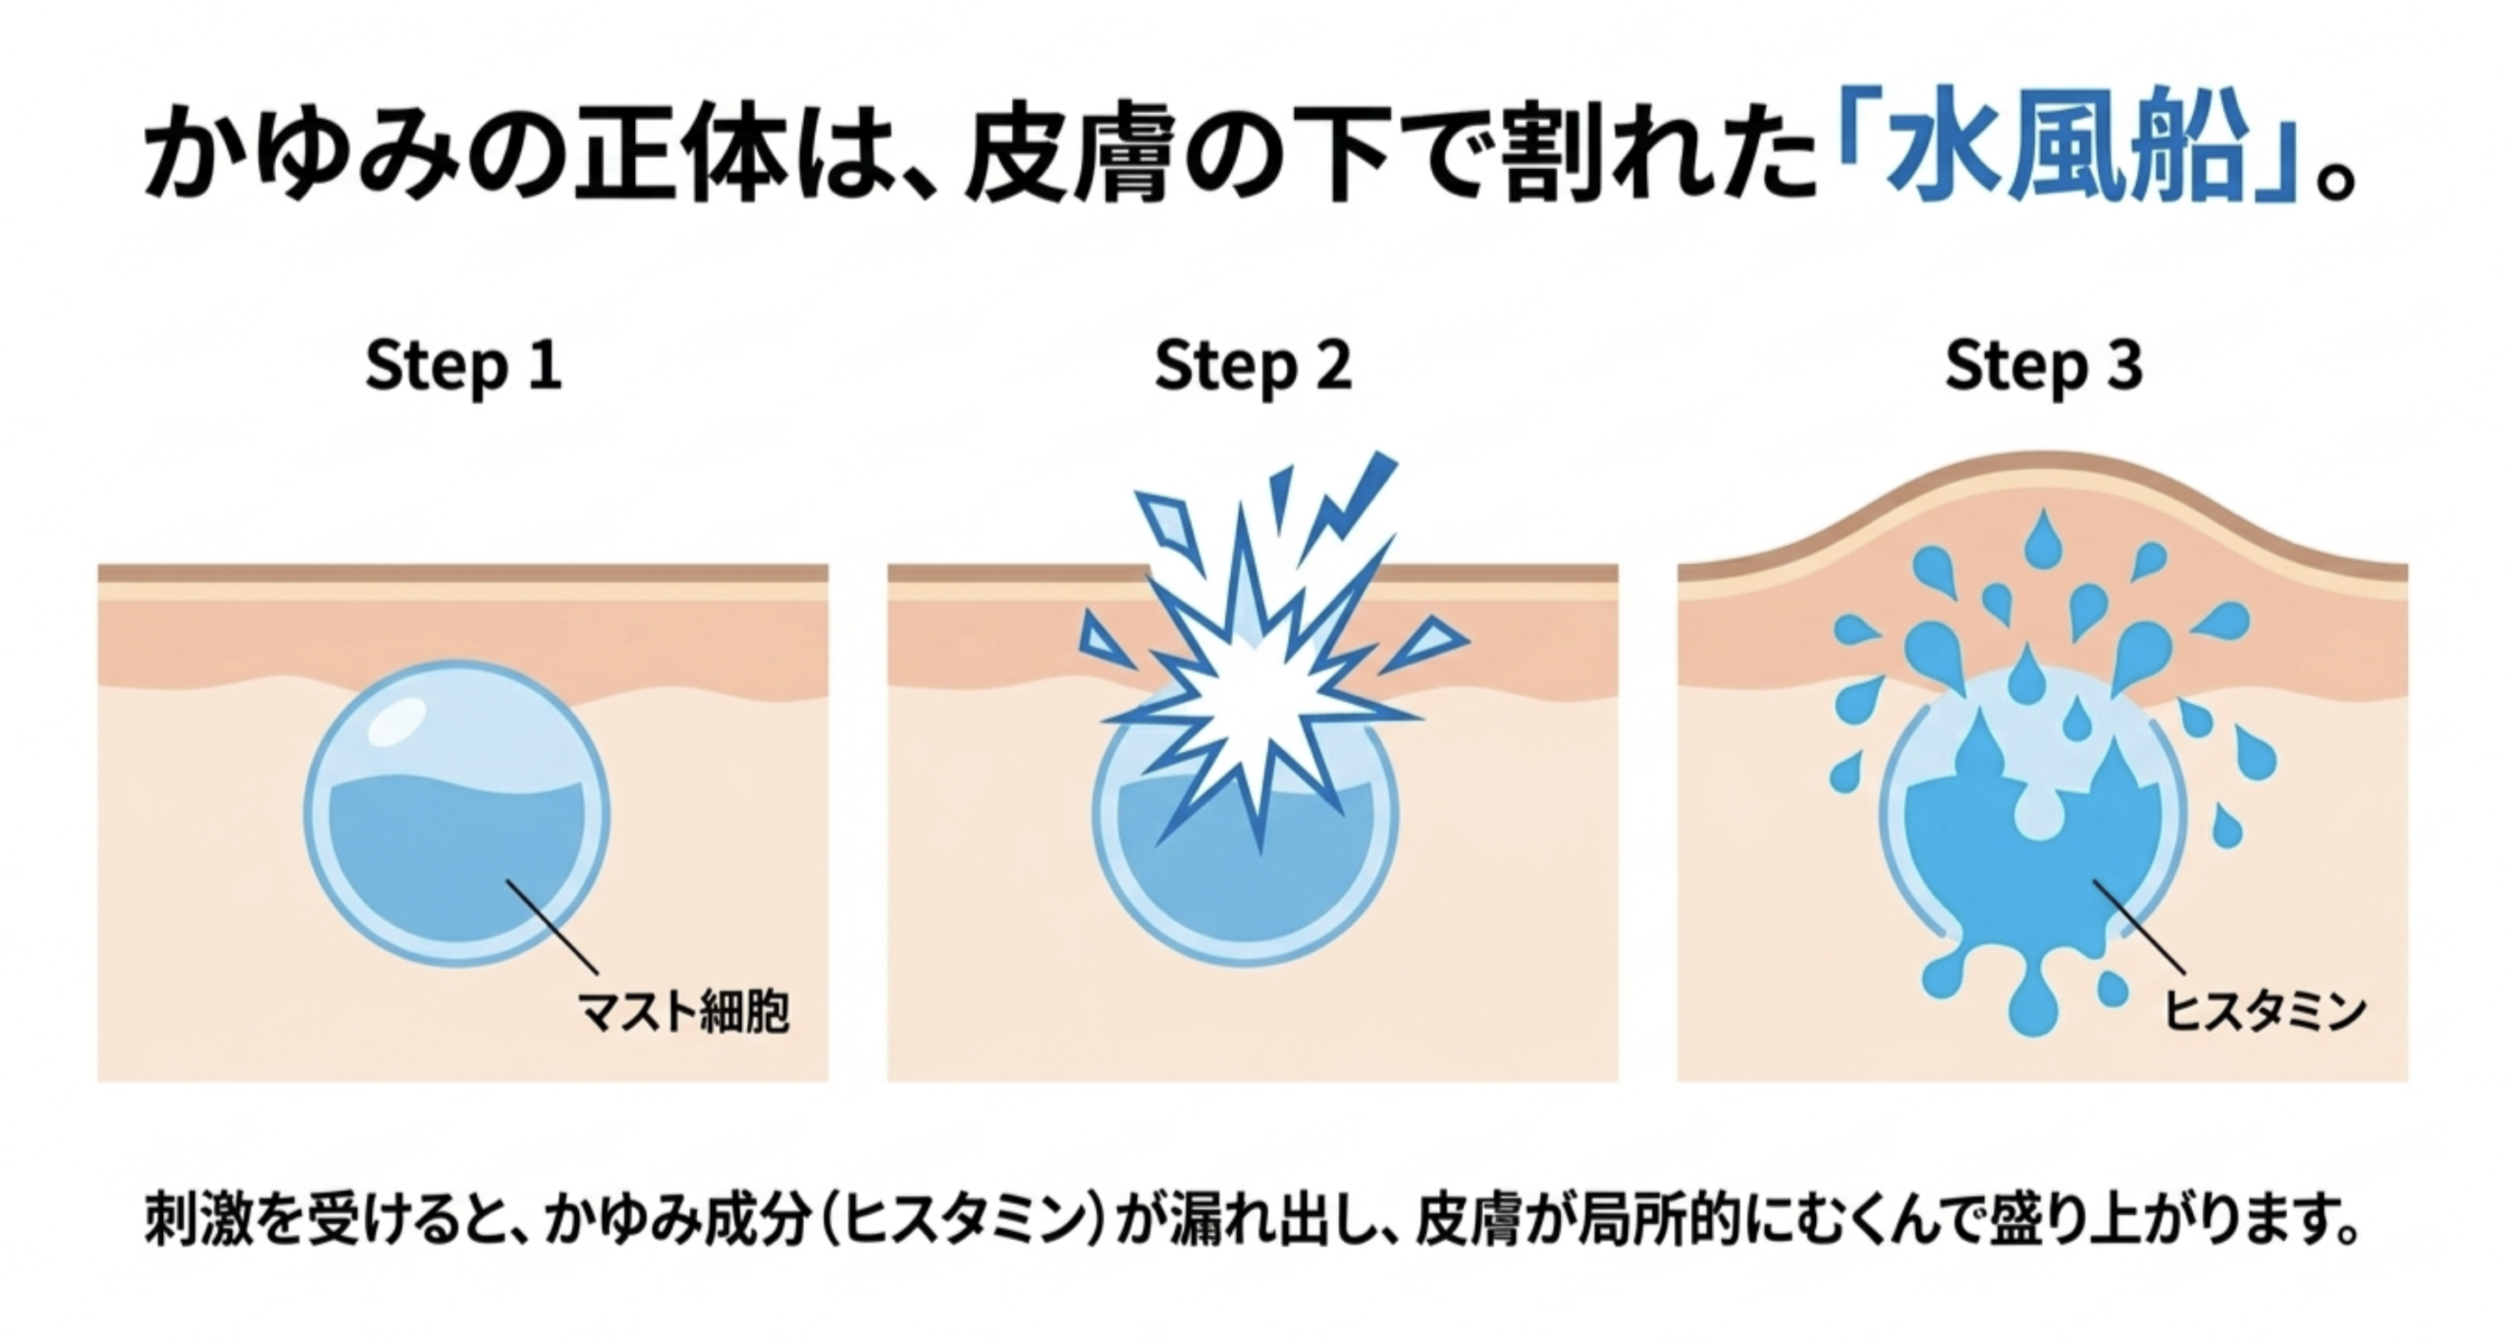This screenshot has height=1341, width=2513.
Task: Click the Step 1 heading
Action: [463, 365]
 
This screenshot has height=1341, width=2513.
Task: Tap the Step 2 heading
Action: [1254, 365]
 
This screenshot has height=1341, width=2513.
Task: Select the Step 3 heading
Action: [2044, 365]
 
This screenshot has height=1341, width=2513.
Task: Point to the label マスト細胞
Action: [684, 1012]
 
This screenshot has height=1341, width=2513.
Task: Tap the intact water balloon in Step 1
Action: [456, 814]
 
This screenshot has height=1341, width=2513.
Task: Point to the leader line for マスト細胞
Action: [551, 927]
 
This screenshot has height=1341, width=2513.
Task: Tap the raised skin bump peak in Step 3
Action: [2044, 459]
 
